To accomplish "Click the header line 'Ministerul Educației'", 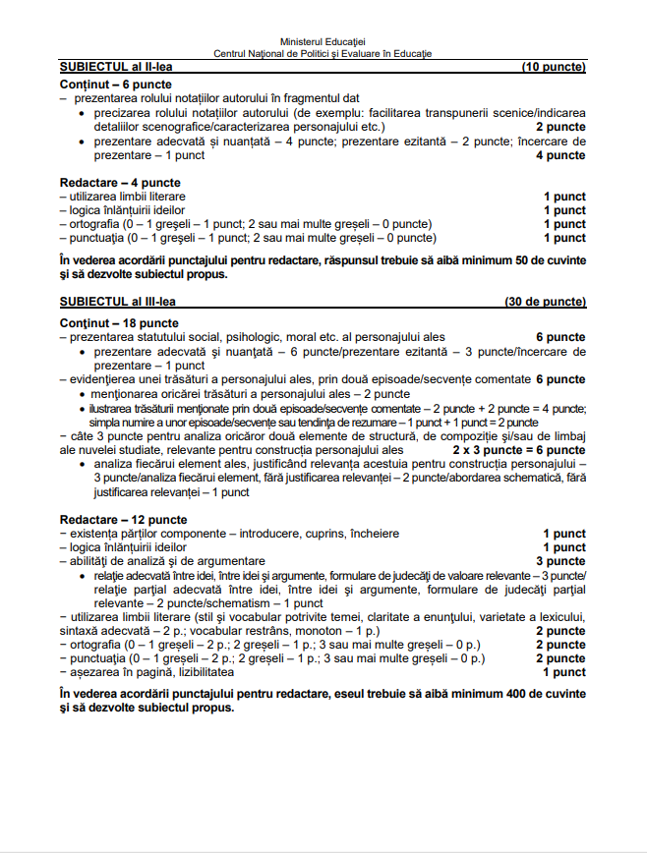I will [323, 43].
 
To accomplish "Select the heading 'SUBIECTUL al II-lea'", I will [109, 67].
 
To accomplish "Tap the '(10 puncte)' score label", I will [554, 67].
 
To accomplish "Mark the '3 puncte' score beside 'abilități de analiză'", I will [563, 561].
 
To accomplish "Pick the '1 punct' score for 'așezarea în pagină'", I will [564, 672].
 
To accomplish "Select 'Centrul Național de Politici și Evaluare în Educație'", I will [323, 54].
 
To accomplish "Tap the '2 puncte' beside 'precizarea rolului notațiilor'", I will [561, 127].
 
